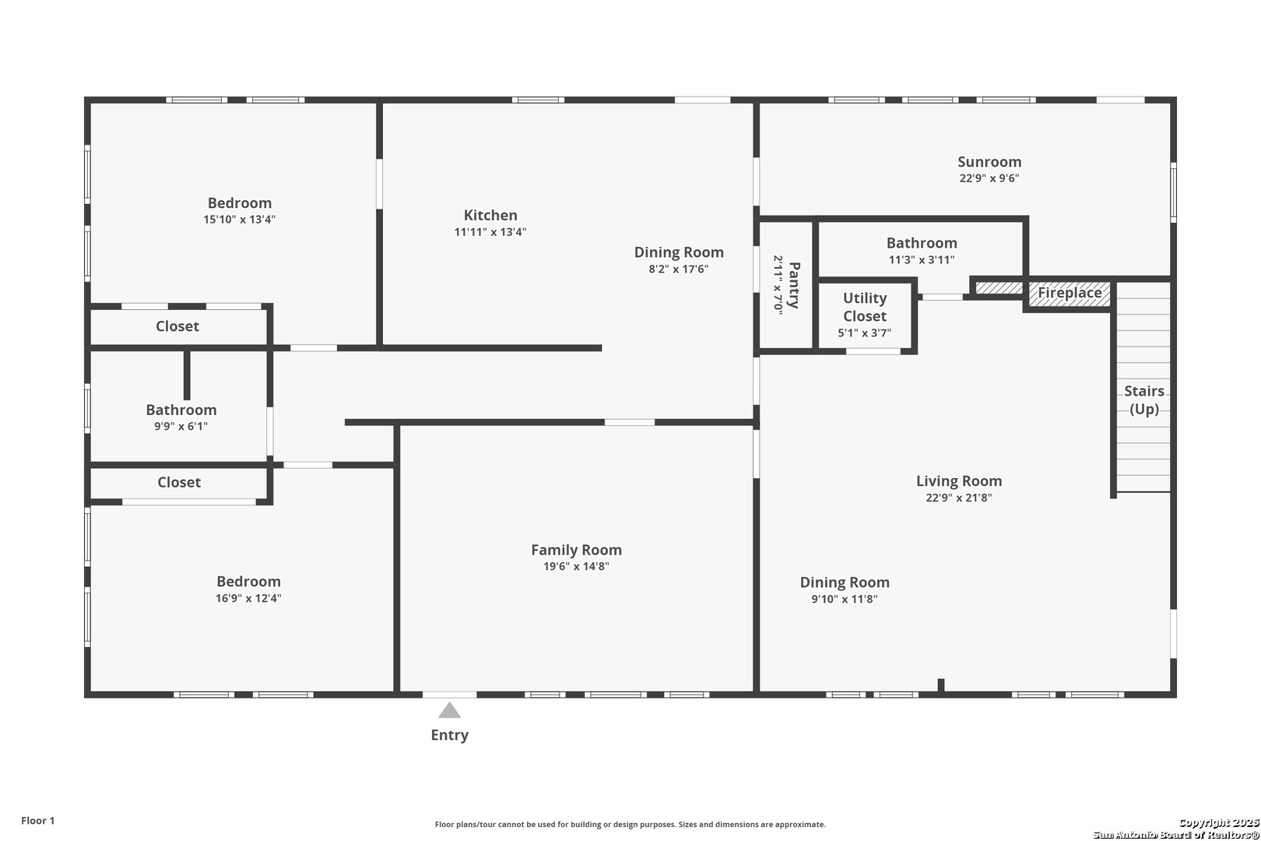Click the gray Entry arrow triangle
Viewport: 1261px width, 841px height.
click(449, 710)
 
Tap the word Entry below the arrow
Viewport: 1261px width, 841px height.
click(449, 735)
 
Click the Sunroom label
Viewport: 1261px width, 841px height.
click(989, 162)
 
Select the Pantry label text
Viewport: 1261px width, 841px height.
click(794, 285)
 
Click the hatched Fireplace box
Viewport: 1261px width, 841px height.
click(1069, 294)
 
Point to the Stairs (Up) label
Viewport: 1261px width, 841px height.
click(1144, 399)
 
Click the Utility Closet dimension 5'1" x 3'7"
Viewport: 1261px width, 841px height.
click(864, 333)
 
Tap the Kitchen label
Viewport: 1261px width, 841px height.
click(490, 215)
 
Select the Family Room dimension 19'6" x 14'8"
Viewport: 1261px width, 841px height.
click(576, 566)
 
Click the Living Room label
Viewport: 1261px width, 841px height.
click(959, 481)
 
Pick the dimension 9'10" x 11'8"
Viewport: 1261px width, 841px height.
click(845, 599)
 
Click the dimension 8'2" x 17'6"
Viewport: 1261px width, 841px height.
click(678, 269)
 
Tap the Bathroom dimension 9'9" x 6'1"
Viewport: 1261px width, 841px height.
click(181, 427)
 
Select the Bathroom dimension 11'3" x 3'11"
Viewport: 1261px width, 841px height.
click(922, 259)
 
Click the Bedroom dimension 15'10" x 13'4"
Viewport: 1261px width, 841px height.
click(239, 219)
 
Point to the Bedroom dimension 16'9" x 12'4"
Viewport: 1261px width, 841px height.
click(248, 598)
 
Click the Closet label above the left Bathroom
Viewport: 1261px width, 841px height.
click(177, 326)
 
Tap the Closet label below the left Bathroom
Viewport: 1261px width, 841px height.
click(179, 482)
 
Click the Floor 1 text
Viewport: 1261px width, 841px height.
click(37, 821)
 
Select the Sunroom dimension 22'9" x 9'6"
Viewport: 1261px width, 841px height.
click(989, 178)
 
